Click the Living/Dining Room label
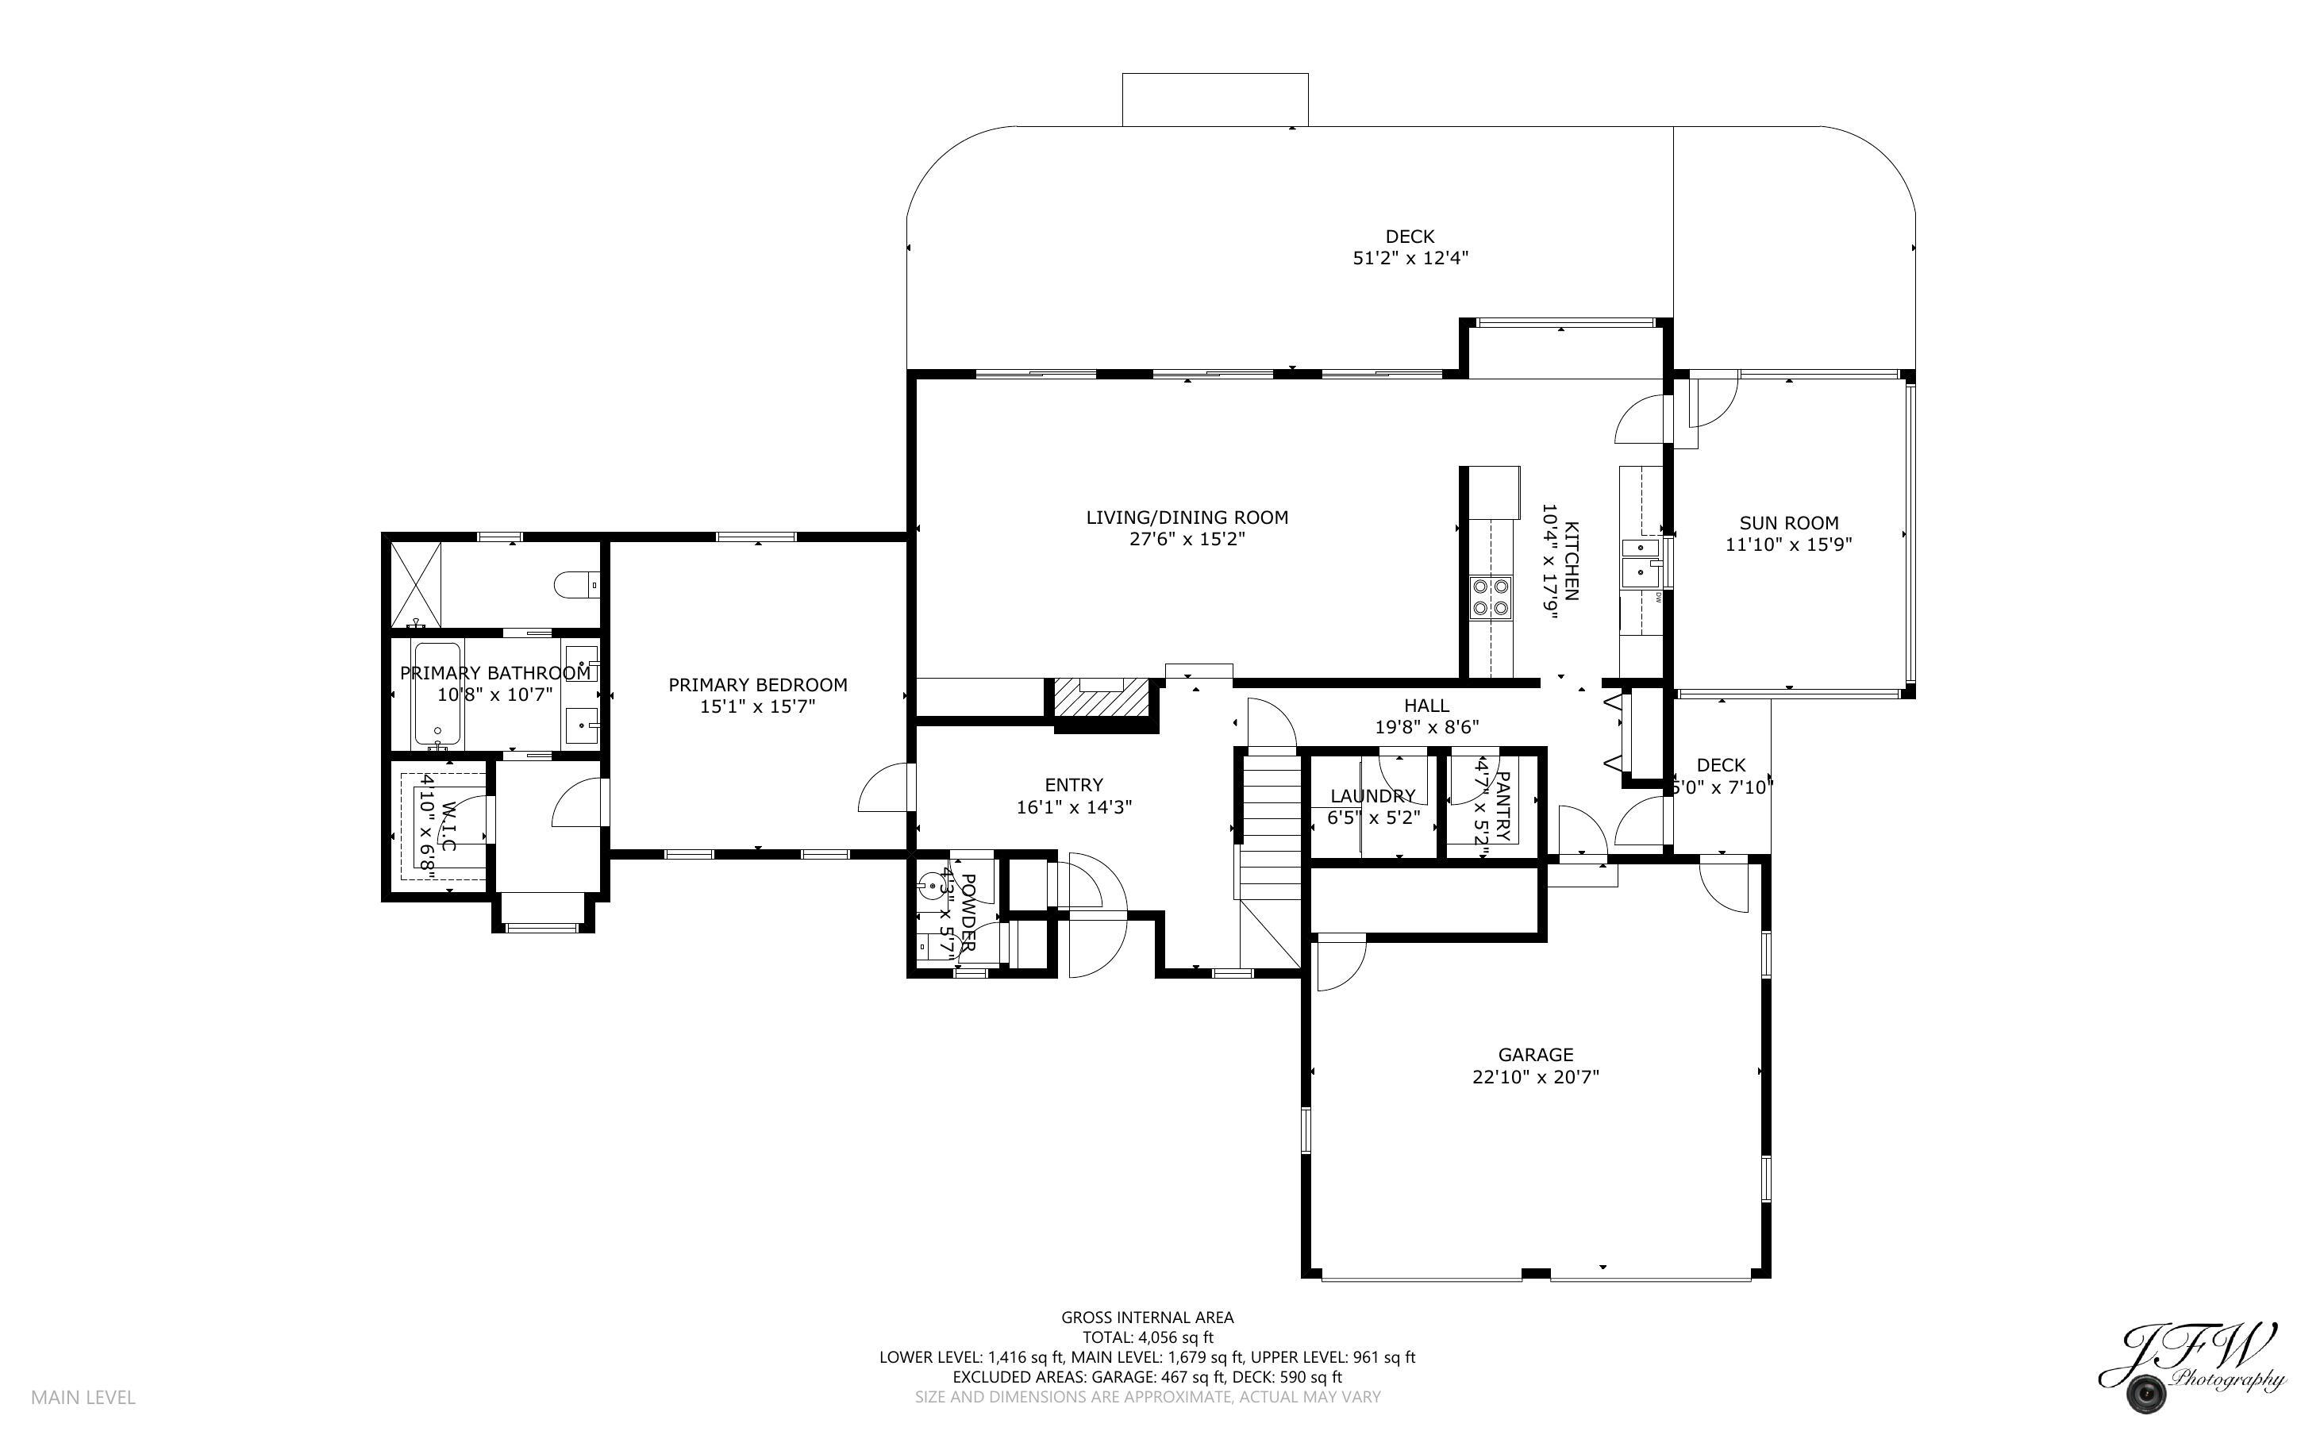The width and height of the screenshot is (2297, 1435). [1186, 517]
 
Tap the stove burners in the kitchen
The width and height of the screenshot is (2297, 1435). [1491, 597]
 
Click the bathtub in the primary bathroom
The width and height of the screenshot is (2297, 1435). [437, 693]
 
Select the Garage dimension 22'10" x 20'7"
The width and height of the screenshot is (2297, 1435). [1535, 1077]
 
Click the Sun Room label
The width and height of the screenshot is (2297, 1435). [1788, 523]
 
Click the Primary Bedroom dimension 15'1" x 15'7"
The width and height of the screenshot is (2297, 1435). [757, 707]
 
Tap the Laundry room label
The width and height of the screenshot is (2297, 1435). [1372, 796]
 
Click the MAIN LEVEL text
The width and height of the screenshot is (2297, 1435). [83, 1397]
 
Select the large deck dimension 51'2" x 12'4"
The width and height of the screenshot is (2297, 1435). [1410, 258]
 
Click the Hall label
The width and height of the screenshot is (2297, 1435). [1426, 705]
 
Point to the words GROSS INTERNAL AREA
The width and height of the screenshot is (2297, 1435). [1147, 1318]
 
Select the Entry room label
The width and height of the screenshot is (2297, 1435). [1073, 785]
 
